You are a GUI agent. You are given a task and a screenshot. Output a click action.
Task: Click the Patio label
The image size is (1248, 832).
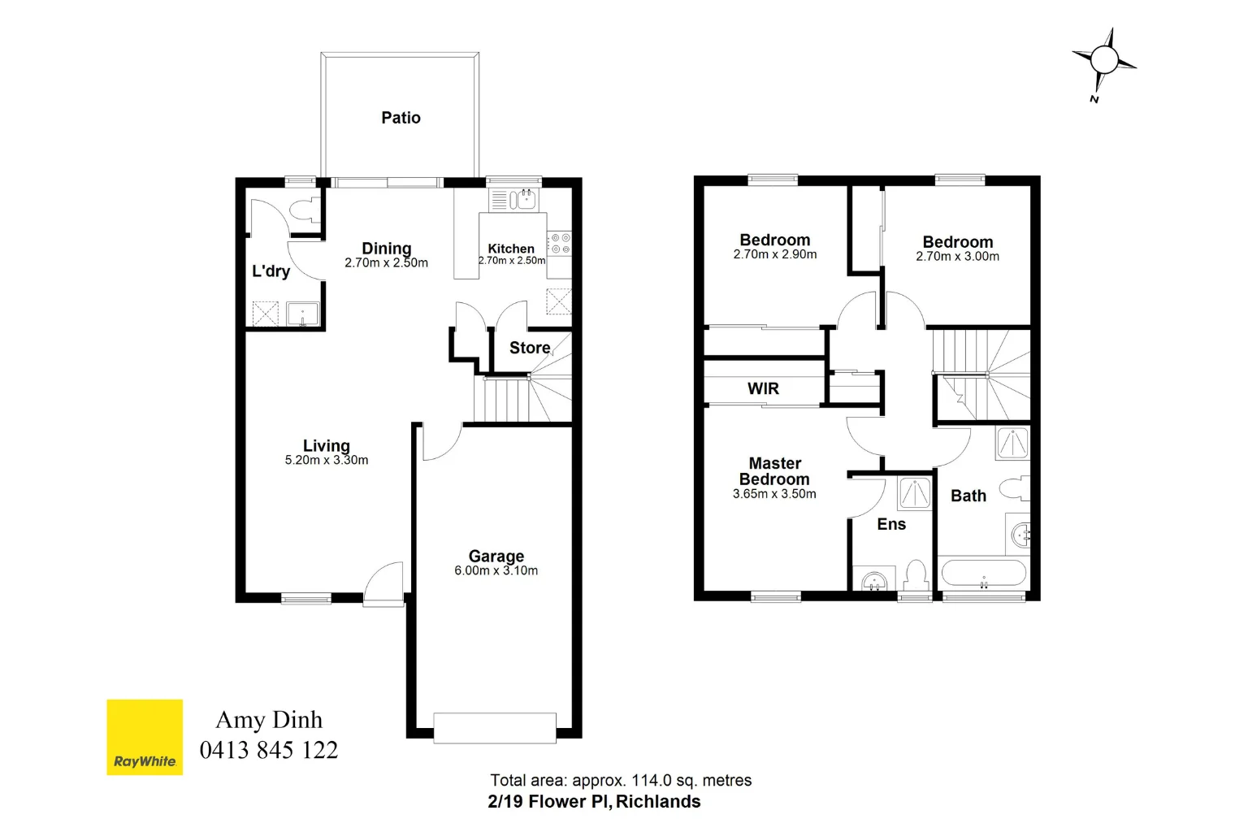click(x=401, y=118)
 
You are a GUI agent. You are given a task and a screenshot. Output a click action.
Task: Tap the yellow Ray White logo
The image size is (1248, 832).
click(x=145, y=737)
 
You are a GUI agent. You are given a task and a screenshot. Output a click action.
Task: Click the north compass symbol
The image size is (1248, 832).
click(x=1103, y=61)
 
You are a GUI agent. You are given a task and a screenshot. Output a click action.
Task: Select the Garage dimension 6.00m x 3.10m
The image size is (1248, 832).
click(x=496, y=570)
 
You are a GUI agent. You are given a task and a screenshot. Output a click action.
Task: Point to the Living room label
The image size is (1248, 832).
click(x=326, y=445)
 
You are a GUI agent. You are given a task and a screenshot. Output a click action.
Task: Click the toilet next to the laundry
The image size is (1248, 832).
click(x=305, y=209)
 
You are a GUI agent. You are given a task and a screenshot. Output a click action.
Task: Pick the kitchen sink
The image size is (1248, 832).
click(x=522, y=198)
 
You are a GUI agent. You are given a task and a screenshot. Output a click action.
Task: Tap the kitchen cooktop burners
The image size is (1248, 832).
click(x=559, y=243)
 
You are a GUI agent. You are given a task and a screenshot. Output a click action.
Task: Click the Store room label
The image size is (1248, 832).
click(x=530, y=348)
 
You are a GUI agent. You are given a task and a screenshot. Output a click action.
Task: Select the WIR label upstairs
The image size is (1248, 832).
click(x=763, y=388)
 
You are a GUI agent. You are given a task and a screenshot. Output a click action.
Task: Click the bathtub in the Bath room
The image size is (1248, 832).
click(x=983, y=573)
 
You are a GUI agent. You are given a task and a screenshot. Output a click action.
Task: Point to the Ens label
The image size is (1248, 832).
click(x=891, y=524)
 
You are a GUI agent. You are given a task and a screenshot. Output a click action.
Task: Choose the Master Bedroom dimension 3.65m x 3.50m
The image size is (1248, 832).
click(x=774, y=494)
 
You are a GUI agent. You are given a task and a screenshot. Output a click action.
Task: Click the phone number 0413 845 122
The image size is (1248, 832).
click(x=269, y=750)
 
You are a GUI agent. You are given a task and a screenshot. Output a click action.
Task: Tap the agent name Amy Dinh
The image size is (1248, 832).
click(x=269, y=720)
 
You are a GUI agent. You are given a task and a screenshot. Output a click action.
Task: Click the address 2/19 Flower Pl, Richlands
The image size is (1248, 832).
click(x=594, y=802)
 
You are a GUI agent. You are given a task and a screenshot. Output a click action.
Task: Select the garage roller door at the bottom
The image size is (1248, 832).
click(x=495, y=727)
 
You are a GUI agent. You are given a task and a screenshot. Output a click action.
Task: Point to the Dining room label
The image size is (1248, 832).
click(x=386, y=248)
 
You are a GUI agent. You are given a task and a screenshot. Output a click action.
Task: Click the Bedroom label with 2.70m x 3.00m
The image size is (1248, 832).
click(x=957, y=242)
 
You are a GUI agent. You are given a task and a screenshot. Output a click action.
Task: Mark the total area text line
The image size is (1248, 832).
click(x=621, y=781)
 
